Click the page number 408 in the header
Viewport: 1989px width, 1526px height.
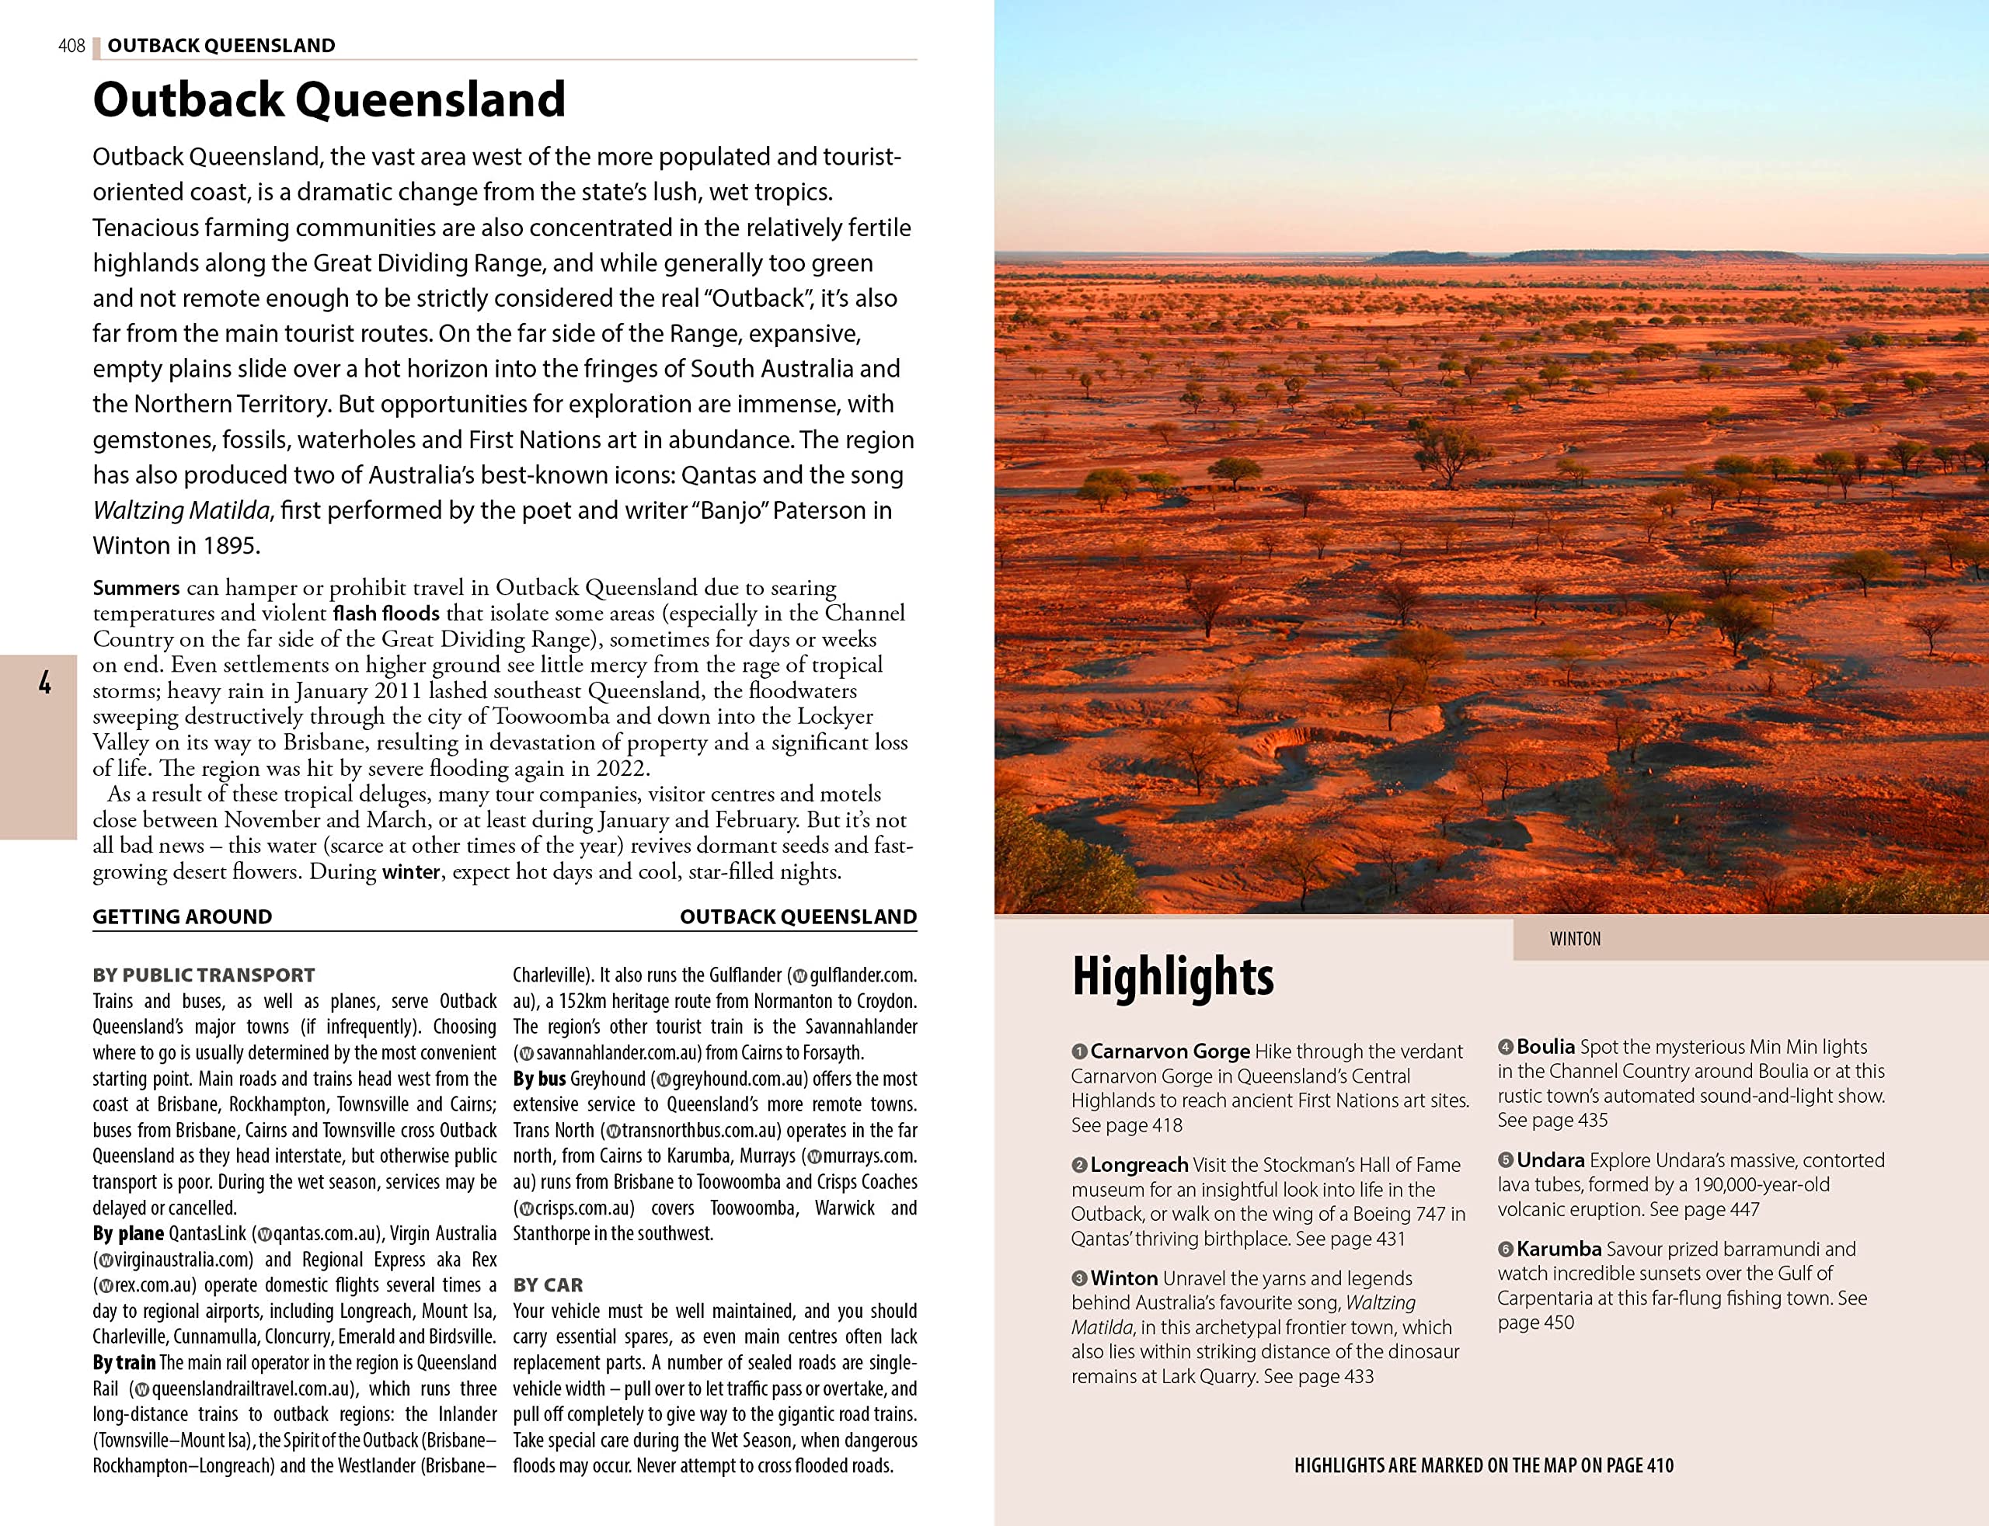(x=71, y=45)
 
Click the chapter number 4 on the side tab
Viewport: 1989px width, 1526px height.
(x=44, y=683)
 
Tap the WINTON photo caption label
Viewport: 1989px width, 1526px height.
(x=1575, y=939)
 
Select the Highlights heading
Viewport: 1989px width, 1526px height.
(x=1172, y=976)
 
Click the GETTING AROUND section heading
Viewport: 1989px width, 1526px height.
(x=182, y=916)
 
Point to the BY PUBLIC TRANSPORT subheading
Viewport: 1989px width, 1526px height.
(x=203, y=975)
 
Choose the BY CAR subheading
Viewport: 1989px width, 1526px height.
(x=548, y=1284)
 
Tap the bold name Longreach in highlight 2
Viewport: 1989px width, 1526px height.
(x=1138, y=1164)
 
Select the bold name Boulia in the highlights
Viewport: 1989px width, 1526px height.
(x=1545, y=1046)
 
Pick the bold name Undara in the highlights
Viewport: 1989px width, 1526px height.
(x=1550, y=1160)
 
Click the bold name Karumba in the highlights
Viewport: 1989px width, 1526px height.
(x=1559, y=1249)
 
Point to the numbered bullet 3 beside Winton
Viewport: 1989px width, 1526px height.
(x=1078, y=1279)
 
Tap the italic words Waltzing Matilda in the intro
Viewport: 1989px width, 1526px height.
(x=181, y=510)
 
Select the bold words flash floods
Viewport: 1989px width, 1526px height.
(x=385, y=614)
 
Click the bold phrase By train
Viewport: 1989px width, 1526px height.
(x=124, y=1362)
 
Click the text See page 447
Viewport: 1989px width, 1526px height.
(x=1704, y=1209)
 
